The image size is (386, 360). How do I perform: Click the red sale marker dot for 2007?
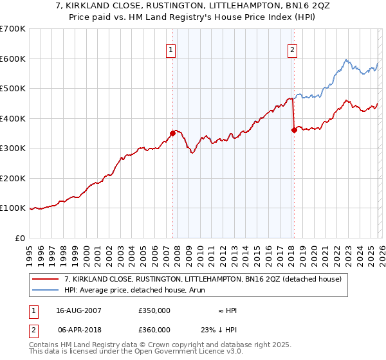coord(172,134)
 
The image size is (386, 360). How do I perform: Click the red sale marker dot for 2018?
coord(294,130)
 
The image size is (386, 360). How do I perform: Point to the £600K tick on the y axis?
coord(13,59)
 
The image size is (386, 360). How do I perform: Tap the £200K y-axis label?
coord(13,178)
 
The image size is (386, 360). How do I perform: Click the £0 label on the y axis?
coord(21,238)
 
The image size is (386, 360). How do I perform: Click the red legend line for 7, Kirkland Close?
coord(46,279)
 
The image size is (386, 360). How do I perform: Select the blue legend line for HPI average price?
coord(46,290)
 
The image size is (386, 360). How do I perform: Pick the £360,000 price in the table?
coord(154,328)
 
